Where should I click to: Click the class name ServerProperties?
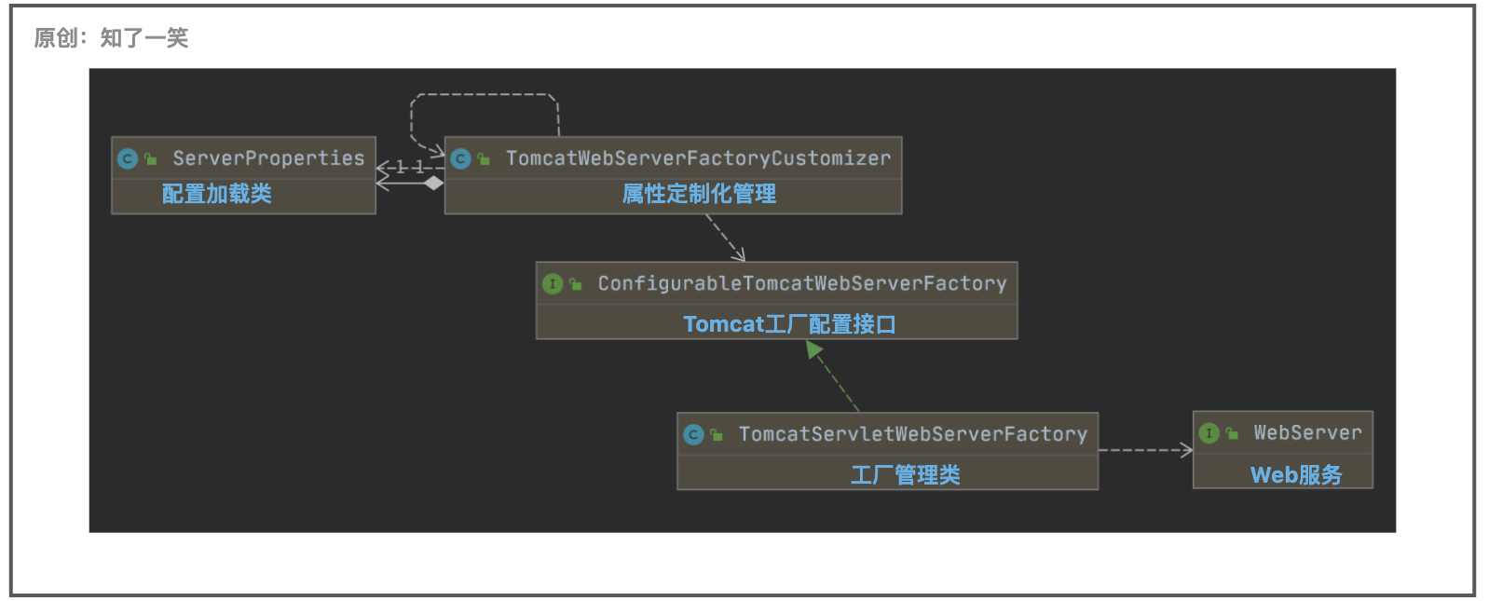click(x=268, y=158)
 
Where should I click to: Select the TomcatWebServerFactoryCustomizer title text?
click(x=698, y=158)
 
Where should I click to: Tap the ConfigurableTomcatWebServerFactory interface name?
click(x=801, y=283)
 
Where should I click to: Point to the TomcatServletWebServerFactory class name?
click(x=912, y=434)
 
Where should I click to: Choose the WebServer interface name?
click(x=1307, y=432)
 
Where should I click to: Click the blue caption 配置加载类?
click(x=217, y=194)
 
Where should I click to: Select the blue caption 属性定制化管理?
click(x=699, y=194)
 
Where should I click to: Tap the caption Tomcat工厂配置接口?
click(x=789, y=324)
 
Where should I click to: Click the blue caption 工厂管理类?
click(x=905, y=475)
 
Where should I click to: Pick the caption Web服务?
click(x=1296, y=475)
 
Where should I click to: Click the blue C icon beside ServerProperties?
click(x=128, y=159)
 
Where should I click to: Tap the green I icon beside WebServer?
click(x=1209, y=433)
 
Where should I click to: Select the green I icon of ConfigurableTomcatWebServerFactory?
click(x=553, y=284)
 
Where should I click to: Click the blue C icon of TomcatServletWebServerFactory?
click(x=693, y=435)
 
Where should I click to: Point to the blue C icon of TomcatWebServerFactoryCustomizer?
click(x=460, y=159)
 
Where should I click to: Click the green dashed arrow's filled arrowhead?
click(x=813, y=349)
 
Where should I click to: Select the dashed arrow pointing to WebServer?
click(x=1146, y=450)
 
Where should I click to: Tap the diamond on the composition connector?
click(x=433, y=184)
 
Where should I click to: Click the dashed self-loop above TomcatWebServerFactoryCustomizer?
click(x=485, y=95)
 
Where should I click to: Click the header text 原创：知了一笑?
click(x=111, y=38)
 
